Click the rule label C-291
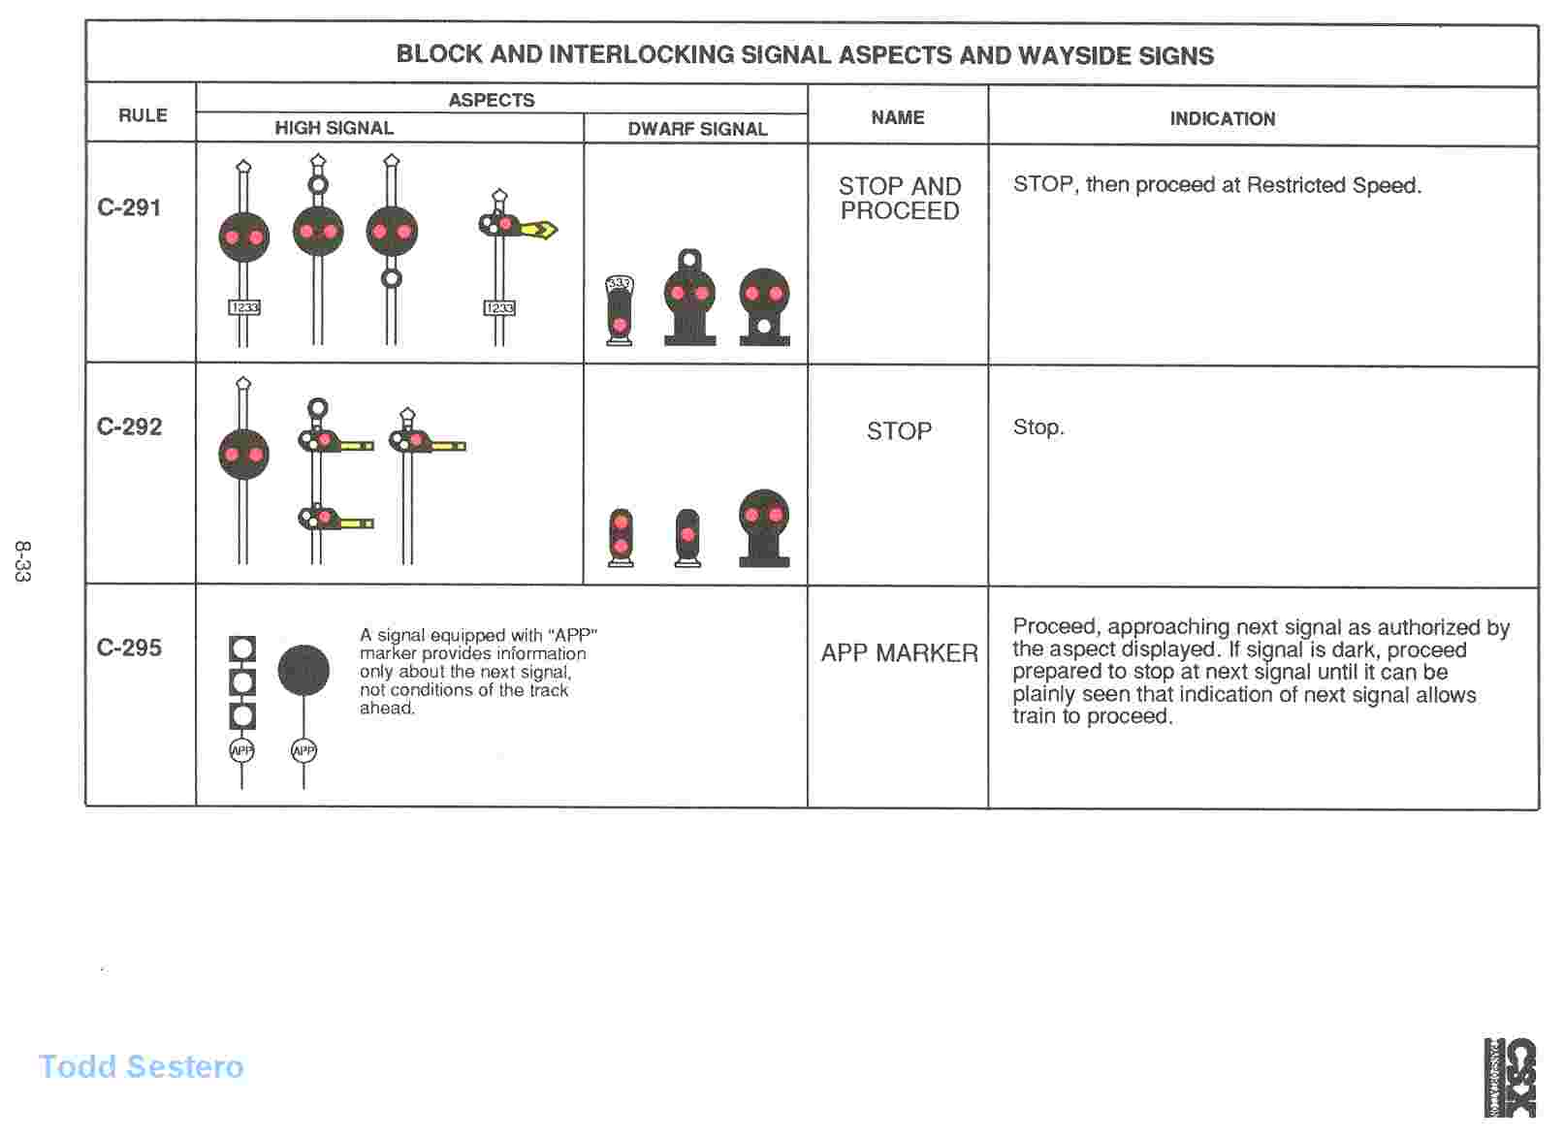click(129, 207)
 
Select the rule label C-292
click(129, 427)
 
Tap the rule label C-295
click(129, 648)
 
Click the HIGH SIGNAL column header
click(334, 128)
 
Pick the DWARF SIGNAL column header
click(697, 129)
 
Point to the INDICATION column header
click(1222, 118)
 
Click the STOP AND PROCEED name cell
click(899, 199)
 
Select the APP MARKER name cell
click(899, 653)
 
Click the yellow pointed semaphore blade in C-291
click(538, 230)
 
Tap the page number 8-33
click(22, 561)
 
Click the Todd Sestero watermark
click(142, 1066)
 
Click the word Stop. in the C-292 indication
click(1037, 427)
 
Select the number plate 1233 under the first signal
click(244, 307)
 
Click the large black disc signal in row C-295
click(303, 670)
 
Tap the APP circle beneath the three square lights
click(241, 750)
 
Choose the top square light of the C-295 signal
click(242, 648)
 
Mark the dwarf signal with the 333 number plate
click(619, 310)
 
